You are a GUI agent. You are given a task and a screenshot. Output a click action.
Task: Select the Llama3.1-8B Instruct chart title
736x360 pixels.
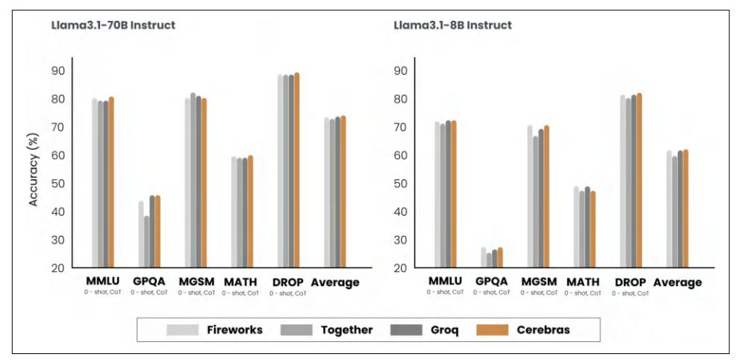tap(452, 25)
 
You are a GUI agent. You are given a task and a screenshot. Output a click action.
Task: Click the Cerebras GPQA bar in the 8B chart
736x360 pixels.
tap(500, 257)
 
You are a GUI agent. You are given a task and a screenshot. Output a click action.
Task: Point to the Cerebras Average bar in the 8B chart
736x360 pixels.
tap(686, 208)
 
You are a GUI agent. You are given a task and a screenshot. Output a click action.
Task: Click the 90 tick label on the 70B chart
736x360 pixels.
tap(57, 71)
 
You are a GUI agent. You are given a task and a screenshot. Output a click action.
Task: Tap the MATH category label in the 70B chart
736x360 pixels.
tap(240, 282)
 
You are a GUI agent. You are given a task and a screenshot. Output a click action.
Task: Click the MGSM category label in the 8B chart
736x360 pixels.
tap(538, 282)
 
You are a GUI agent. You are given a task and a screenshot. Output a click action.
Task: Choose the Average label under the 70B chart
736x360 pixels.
tap(335, 282)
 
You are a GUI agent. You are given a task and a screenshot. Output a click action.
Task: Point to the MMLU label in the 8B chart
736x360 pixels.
tap(445, 282)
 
